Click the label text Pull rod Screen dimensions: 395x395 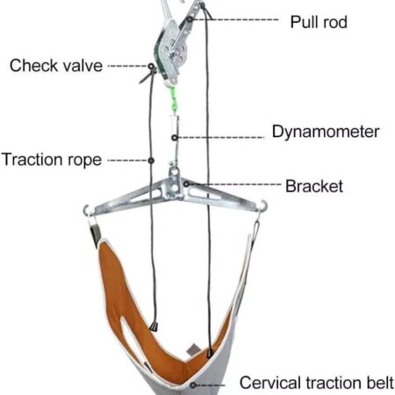click(x=319, y=22)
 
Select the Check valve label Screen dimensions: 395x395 click(x=56, y=65)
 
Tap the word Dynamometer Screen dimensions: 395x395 click(x=326, y=132)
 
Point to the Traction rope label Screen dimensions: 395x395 click(x=52, y=160)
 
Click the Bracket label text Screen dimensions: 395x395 click(x=314, y=186)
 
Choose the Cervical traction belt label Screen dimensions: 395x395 click(x=317, y=383)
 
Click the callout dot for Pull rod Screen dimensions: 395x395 click(x=190, y=19)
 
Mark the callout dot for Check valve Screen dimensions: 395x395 click(x=151, y=67)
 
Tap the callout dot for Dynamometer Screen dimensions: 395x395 click(x=175, y=138)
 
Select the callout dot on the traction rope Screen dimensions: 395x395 click(x=151, y=161)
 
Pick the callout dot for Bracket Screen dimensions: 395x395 click(x=186, y=184)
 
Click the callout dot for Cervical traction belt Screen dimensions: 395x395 click(x=193, y=385)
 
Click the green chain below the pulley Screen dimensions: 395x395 click(x=174, y=100)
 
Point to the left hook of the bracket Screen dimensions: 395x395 click(x=88, y=211)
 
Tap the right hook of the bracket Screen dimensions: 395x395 click(x=262, y=205)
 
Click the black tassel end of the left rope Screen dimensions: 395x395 click(x=154, y=327)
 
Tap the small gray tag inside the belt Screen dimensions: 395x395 click(x=193, y=350)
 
